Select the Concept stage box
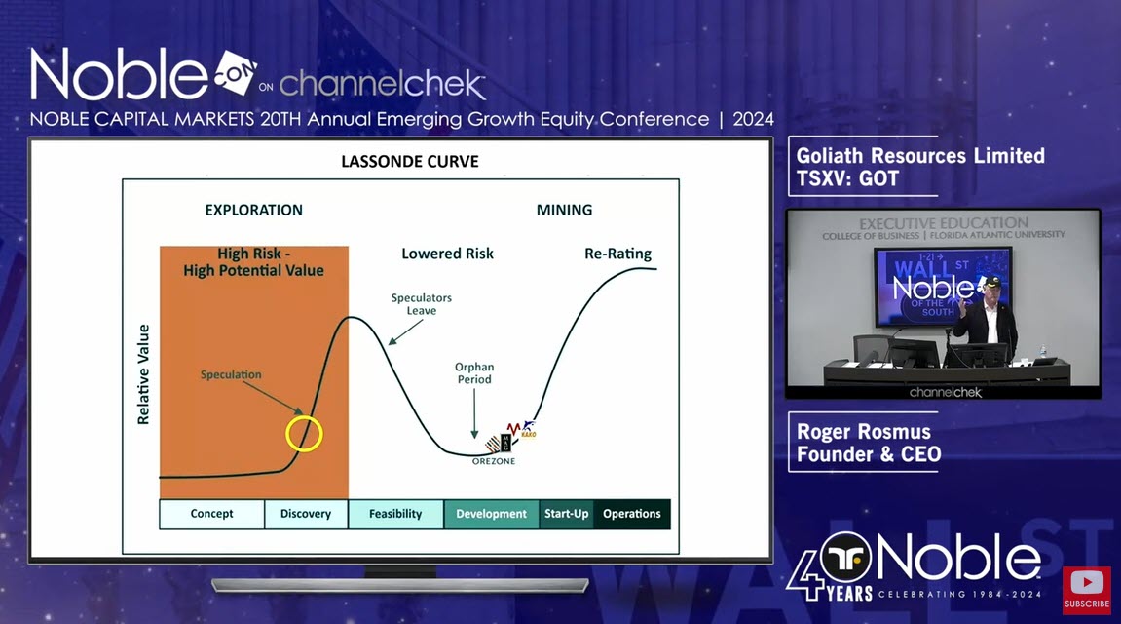pyautogui.click(x=211, y=514)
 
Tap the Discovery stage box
pyautogui.click(x=305, y=514)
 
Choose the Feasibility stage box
pyautogui.click(x=394, y=514)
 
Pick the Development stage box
pyautogui.click(x=491, y=514)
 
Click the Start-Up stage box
pyautogui.click(x=566, y=514)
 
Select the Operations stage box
pyautogui.click(x=631, y=514)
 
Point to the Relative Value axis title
pyautogui.click(x=144, y=373)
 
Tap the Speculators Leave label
pyautogui.click(x=421, y=304)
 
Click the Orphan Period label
pyautogui.click(x=473, y=373)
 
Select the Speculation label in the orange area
pyautogui.click(x=231, y=374)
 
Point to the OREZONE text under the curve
pyautogui.click(x=492, y=461)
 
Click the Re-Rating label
pyautogui.click(x=617, y=253)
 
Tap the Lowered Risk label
pyautogui.click(x=447, y=253)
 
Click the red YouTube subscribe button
pyautogui.click(x=1086, y=590)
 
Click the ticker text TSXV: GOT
pyautogui.click(x=847, y=178)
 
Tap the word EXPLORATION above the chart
pyautogui.click(x=253, y=210)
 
